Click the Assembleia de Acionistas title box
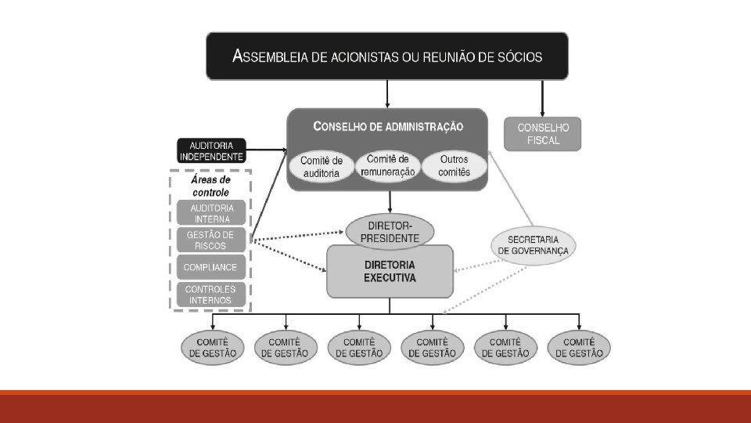click(386, 56)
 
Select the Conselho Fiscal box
click(543, 134)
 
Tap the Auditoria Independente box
click(211, 150)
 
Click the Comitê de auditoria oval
click(321, 166)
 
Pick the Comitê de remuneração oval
click(386, 164)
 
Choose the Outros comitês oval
click(454, 165)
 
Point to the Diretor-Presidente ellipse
click(390, 233)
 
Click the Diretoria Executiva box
click(390, 272)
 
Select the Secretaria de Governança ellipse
click(533, 244)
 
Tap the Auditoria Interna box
click(211, 213)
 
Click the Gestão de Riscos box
click(211, 240)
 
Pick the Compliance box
click(211, 267)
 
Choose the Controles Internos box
click(211, 295)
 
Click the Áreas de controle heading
click(211, 186)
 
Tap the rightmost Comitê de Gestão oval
click(580, 348)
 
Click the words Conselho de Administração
click(388, 126)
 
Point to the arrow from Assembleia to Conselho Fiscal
click(543, 98)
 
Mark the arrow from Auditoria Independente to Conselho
click(266, 149)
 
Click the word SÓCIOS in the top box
click(513, 56)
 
